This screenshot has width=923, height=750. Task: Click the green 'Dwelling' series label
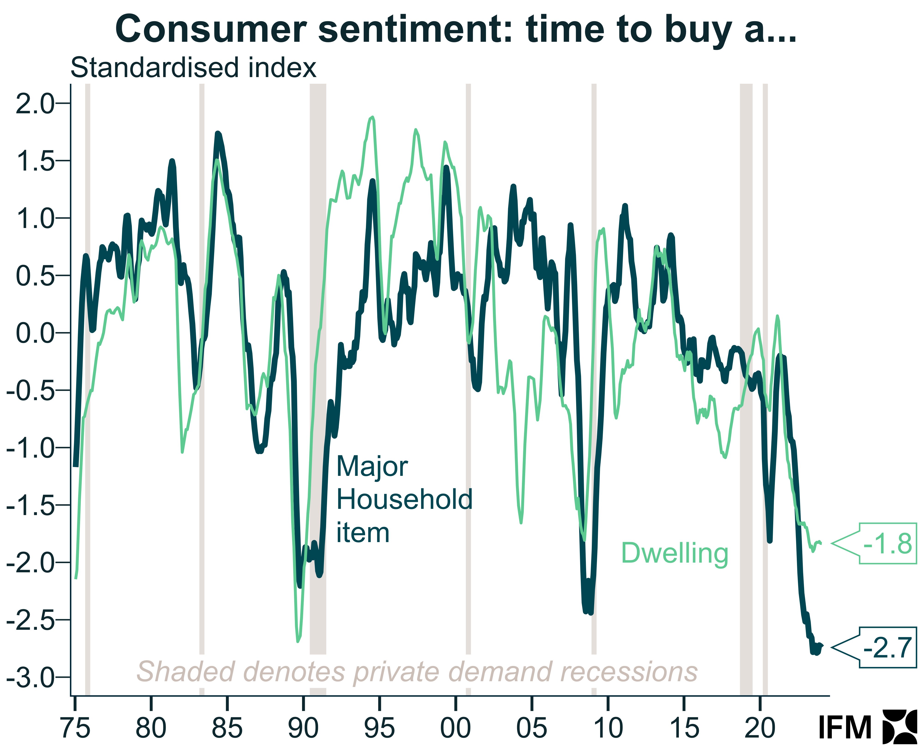click(x=674, y=553)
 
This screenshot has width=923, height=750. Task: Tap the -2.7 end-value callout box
click(x=887, y=647)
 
